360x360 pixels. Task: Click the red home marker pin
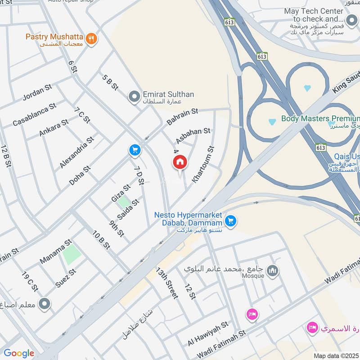click(180, 162)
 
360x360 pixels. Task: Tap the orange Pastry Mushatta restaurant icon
click(92, 39)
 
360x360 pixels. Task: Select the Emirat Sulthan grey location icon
click(134, 96)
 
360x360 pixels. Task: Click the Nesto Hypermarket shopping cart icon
click(231, 220)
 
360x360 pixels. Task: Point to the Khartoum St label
click(203, 164)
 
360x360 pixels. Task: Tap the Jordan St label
click(37, 93)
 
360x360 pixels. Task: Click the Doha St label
click(80, 175)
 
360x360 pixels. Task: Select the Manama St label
click(55, 252)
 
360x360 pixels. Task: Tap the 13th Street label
click(167, 283)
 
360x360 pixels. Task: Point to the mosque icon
click(273, 271)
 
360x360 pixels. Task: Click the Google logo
click(19, 353)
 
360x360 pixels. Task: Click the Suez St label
click(66, 278)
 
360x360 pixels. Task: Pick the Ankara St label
click(54, 127)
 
